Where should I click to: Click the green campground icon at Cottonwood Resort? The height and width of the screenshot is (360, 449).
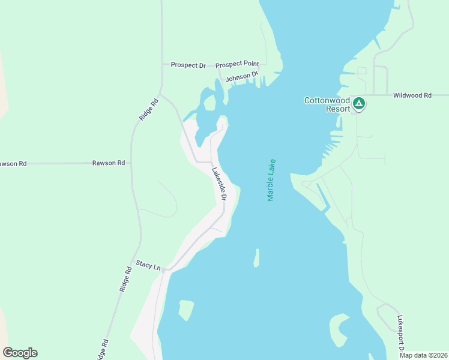point(359,103)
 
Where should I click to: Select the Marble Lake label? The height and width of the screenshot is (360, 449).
point(271,180)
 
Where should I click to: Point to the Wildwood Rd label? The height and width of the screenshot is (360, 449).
point(412,95)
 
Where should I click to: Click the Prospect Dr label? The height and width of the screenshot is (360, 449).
point(188,65)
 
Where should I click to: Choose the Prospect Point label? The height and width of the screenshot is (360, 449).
point(237,64)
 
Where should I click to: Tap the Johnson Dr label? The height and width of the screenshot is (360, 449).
point(241,77)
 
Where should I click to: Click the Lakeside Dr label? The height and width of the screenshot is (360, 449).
point(219,183)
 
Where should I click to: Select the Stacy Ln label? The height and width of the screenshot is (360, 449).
point(148,264)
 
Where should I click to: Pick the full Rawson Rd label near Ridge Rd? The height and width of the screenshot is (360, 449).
point(109,163)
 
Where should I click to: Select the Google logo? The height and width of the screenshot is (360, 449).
point(20,353)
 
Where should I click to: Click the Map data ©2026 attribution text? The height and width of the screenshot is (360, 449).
point(423,355)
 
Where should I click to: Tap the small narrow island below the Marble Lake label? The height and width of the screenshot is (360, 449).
point(256,258)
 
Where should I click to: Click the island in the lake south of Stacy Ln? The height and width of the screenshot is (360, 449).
point(186,310)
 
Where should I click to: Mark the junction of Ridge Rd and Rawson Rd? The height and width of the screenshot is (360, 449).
point(131,163)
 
